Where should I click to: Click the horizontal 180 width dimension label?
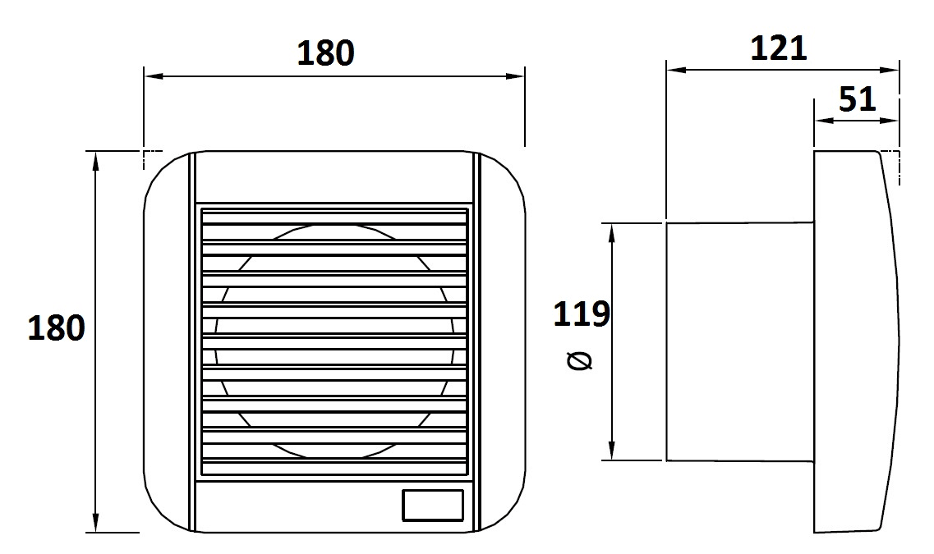(x=325, y=53)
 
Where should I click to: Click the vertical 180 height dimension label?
(x=57, y=327)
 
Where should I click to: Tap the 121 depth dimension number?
(x=778, y=48)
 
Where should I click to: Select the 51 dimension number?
(x=857, y=99)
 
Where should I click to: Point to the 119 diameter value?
(x=582, y=314)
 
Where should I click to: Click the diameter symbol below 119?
(x=580, y=360)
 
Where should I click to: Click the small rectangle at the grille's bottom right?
(x=433, y=506)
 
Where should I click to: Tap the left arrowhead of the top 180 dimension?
(x=154, y=76)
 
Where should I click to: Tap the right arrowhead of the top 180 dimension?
(x=515, y=76)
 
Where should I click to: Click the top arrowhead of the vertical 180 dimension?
(x=95, y=161)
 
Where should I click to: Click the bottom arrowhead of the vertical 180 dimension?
(x=95, y=522)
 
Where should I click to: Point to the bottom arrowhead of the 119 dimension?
(x=611, y=450)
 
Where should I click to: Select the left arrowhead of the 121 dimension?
(x=677, y=70)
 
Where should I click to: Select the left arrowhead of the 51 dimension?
(x=825, y=121)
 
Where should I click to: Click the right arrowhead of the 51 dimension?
(x=888, y=121)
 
